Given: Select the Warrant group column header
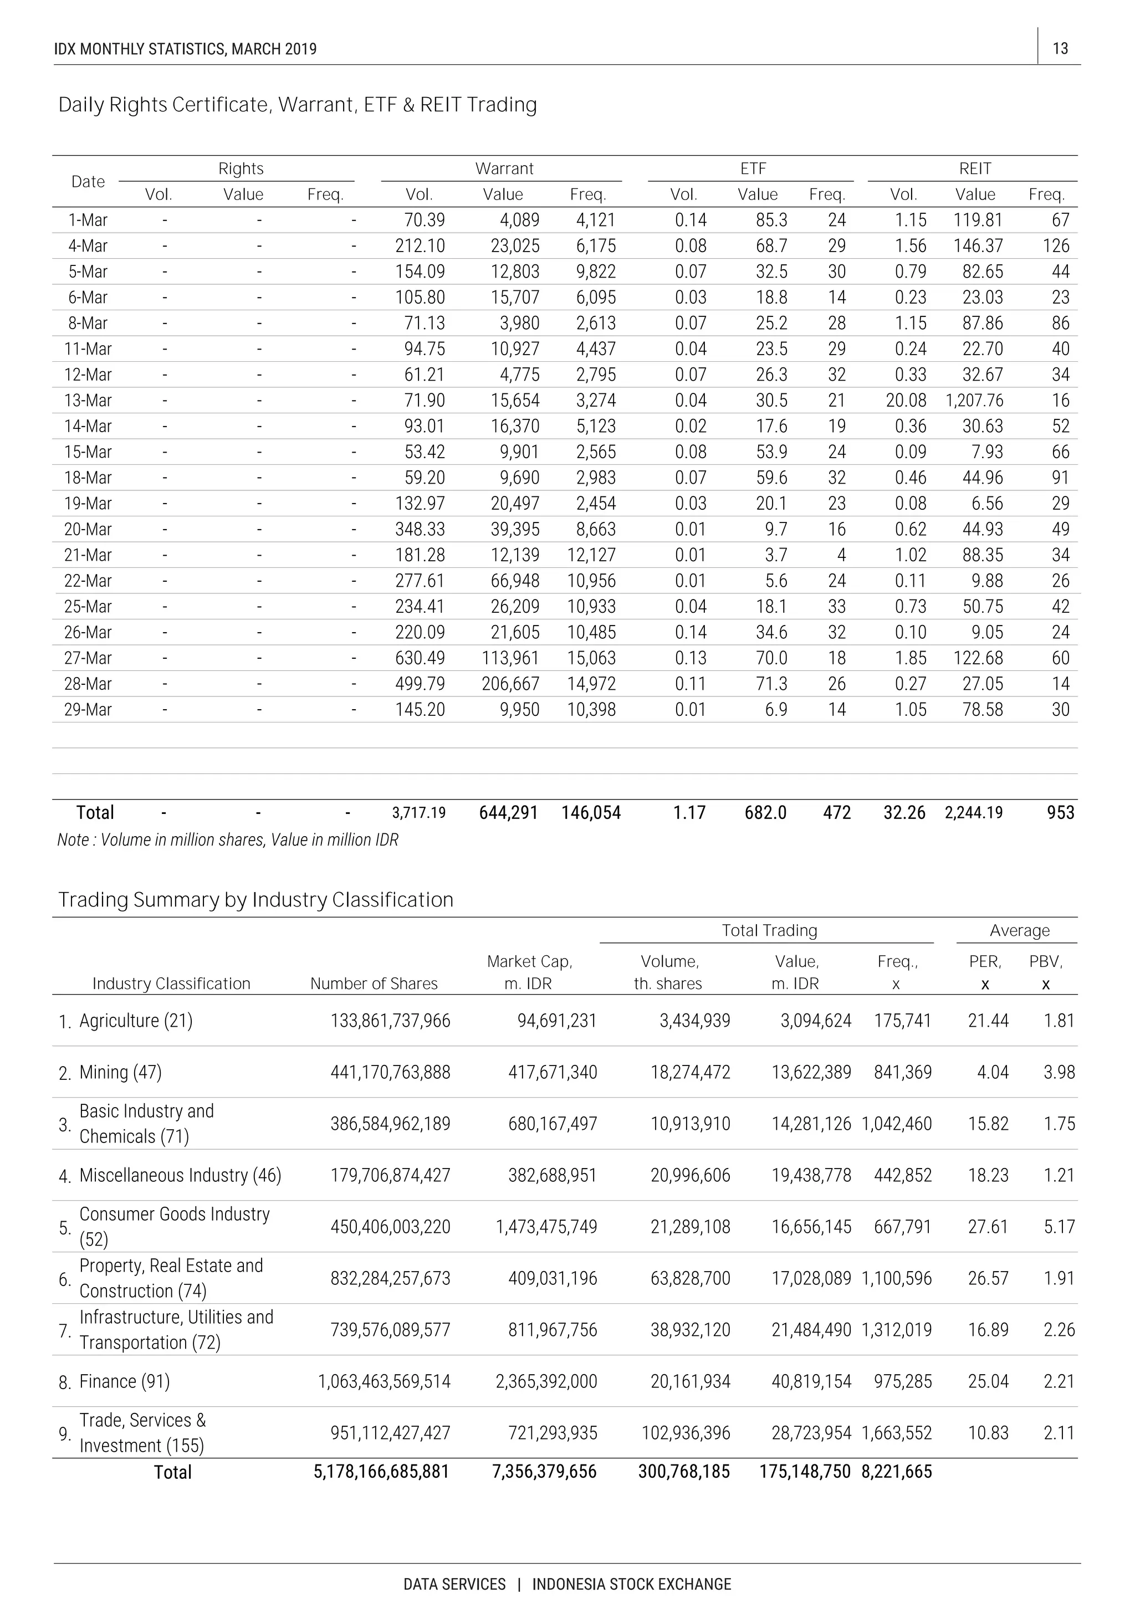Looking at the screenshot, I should [504, 168].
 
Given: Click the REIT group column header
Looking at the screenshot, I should [974, 168].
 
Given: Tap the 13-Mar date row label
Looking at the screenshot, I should [88, 401].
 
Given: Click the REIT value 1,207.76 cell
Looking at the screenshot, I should [974, 401].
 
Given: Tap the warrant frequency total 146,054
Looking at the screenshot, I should [591, 813].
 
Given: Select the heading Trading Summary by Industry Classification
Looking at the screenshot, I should [255, 900].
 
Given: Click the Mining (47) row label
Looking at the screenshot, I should [120, 1072].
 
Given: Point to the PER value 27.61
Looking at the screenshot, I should [987, 1227].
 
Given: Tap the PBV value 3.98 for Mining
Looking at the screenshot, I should [1059, 1072].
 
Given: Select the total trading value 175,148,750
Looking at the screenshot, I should [805, 1472].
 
